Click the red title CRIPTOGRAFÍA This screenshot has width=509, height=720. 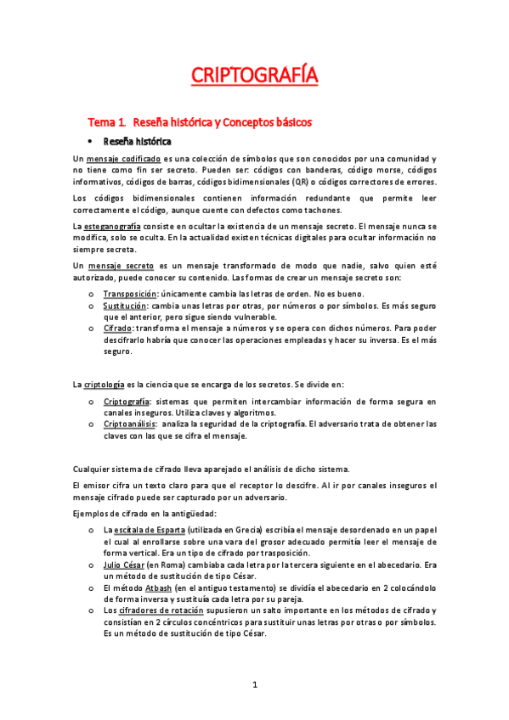254,76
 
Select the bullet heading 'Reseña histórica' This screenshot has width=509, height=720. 137,141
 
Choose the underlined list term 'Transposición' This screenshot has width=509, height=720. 127,294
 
